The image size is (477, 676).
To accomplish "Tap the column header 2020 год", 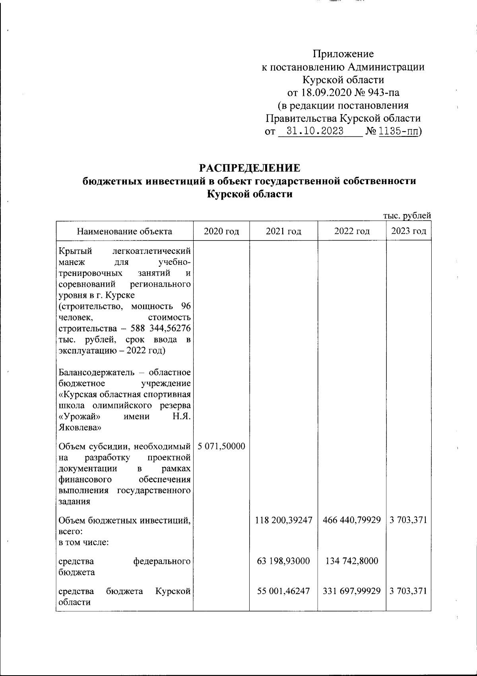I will (x=221, y=231).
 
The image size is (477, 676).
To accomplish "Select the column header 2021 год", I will (x=283, y=231).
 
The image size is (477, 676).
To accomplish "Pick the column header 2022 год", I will (x=352, y=231).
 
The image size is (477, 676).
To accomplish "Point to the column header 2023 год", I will (x=409, y=231).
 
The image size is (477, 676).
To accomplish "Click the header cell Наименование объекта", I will (x=124, y=231).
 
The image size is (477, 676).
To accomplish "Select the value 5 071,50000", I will (x=221, y=446).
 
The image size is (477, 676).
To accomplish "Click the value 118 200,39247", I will (x=283, y=520).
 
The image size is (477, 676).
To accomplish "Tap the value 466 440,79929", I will (x=352, y=520).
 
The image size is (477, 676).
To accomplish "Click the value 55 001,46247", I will (x=283, y=591).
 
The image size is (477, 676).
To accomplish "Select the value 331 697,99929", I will (x=352, y=591).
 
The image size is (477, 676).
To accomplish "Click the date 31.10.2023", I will (x=315, y=131).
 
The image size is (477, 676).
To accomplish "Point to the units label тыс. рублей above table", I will (x=407, y=216).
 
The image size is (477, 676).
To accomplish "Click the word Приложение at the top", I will (x=343, y=54).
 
